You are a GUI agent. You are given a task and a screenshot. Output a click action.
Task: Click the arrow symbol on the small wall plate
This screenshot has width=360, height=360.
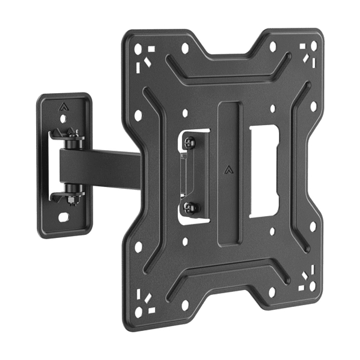click(x=63, y=106)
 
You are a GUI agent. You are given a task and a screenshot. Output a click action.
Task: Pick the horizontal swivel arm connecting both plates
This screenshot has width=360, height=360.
click(x=100, y=168)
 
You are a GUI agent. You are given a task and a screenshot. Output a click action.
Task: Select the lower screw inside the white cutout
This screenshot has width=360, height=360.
click(x=190, y=206)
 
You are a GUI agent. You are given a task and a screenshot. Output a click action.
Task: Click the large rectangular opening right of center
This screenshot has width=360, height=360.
click(x=263, y=171)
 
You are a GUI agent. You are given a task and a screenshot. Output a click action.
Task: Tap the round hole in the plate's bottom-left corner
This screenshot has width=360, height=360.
click(x=138, y=311)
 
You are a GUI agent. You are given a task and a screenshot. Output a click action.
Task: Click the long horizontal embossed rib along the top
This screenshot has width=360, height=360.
click(x=228, y=70)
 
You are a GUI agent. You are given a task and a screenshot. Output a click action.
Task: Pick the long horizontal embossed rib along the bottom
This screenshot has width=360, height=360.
click(x=228, y=280)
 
